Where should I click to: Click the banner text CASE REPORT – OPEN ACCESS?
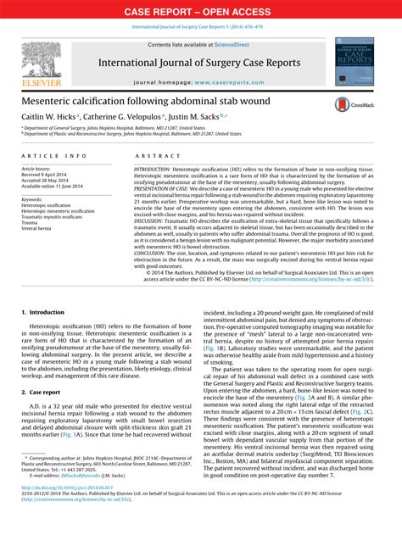coord(200,12)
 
